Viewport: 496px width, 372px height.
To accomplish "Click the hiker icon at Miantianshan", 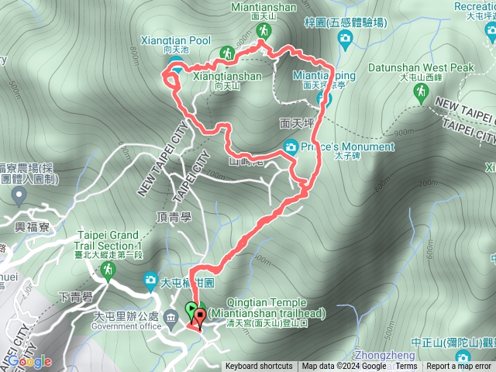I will point(263,30).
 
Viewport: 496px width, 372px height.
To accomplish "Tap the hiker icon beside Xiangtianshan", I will point(228,53).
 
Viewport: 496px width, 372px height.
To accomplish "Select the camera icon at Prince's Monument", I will point(291,145).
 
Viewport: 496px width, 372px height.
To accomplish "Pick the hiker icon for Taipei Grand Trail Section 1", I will point(107,270).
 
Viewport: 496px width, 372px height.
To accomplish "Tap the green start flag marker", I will point(191,311).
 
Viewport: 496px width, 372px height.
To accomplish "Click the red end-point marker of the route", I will point(201,315).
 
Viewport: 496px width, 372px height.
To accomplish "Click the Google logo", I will point(31,361).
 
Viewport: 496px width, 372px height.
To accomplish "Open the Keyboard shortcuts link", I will point(259,367).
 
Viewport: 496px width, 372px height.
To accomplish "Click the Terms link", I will point(406,367).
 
